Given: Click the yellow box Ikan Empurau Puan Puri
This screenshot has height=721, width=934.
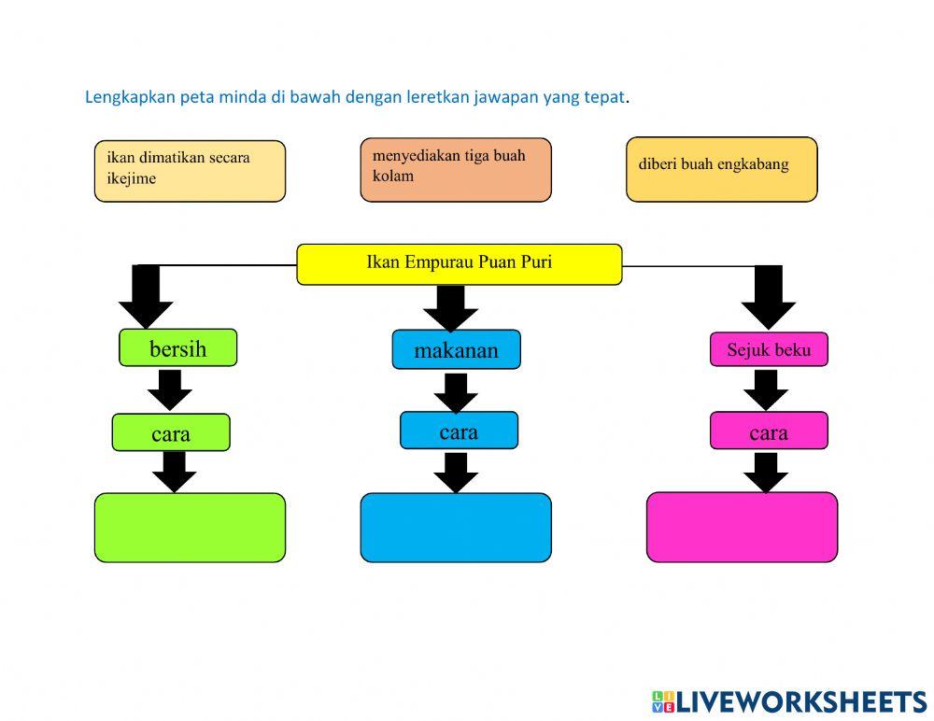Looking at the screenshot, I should [x=459, y=263].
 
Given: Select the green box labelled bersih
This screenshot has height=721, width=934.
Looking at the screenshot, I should [x=177, y=348].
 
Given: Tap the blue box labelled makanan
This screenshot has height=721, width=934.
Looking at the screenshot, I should [x=456, y=350].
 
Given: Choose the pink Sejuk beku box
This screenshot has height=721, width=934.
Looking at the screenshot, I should [x=769, y=350].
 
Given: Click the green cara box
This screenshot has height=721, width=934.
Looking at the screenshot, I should [x=170, y=433].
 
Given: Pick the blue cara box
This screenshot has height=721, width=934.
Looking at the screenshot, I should [x=459, y=431].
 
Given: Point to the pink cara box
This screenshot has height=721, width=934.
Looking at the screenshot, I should [x=769, y=431].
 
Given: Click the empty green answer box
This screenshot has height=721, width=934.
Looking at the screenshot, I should [x=190, y=528].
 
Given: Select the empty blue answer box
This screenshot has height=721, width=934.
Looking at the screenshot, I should [x=456, y=528].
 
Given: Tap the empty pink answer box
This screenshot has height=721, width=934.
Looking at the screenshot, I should [x=742, y=528].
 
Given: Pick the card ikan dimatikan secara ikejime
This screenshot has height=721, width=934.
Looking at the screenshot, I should [x=190, y=171].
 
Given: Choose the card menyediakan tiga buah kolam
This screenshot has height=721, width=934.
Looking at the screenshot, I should [x=456, y=169].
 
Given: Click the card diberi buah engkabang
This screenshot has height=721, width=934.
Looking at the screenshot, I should [x=721, y=169].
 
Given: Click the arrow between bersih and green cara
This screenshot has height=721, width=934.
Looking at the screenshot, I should [x=170, y=389].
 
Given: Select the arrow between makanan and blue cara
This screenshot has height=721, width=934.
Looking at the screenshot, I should [x=456, y=391].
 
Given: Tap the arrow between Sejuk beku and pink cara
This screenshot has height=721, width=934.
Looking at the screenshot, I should [x=767, y=389].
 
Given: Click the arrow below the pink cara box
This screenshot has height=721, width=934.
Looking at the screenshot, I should [x=766, y=473].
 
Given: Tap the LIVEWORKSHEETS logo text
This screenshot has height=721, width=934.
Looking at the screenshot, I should [x=800, y=701].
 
